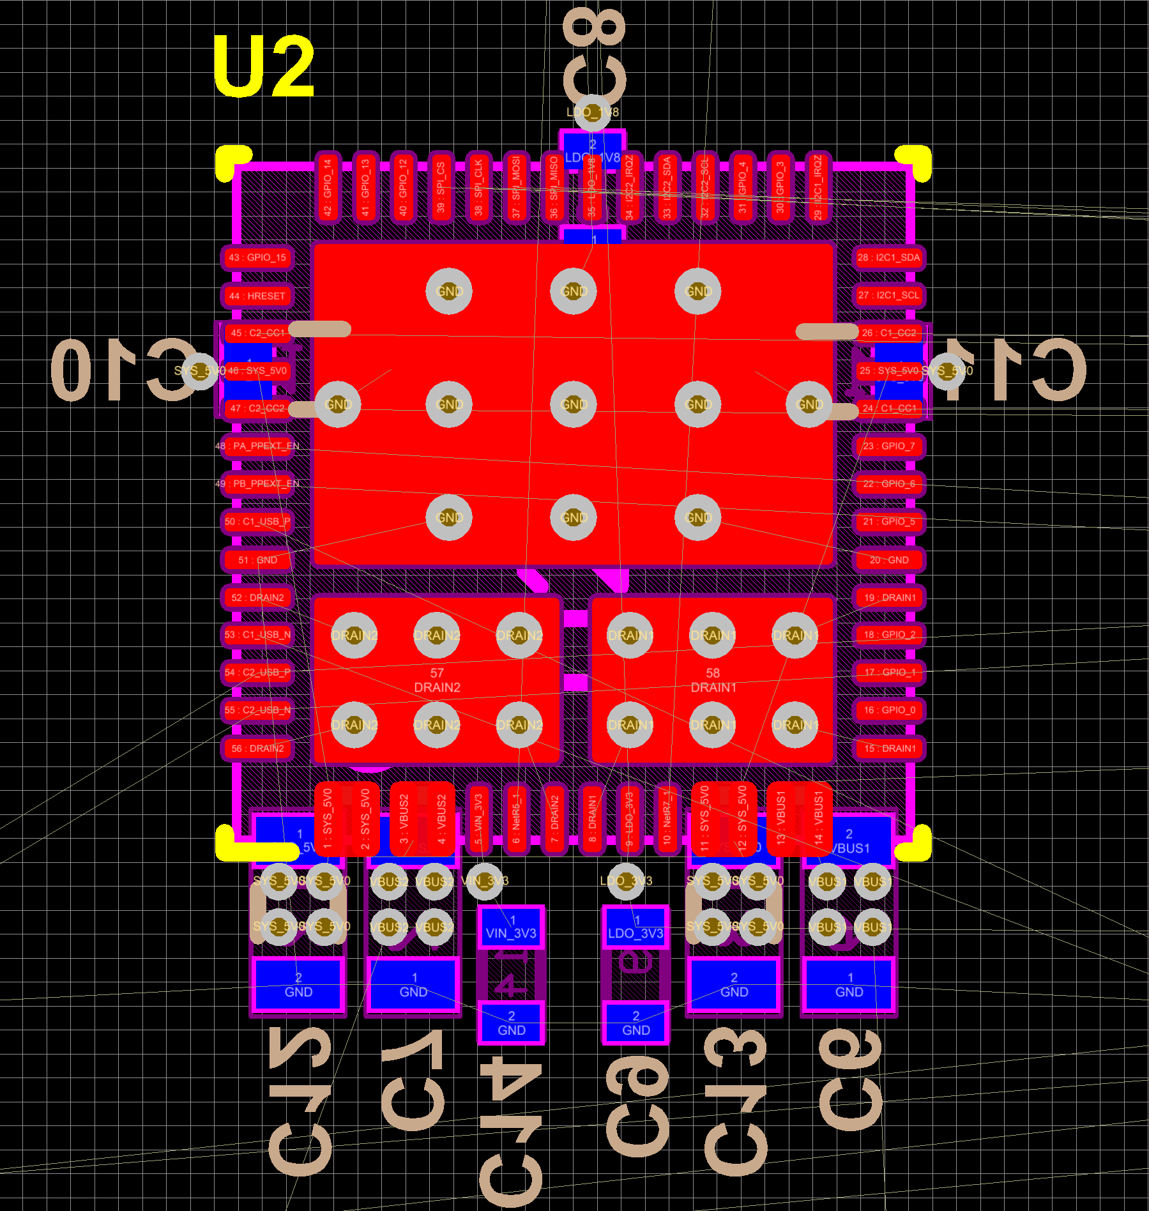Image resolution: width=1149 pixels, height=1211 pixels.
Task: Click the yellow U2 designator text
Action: click(263, 66)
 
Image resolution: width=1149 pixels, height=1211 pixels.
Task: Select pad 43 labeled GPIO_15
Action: click(257, 257)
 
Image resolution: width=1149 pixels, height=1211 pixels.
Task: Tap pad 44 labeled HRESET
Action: click(257, 296)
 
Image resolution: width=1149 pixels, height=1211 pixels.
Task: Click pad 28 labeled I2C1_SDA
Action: click(888, 257)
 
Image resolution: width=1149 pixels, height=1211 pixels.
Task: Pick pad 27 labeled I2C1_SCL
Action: click(888, 295)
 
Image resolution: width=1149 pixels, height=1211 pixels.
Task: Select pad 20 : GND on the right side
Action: click(888, 560)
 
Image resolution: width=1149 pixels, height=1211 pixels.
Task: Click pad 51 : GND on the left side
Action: click(257, 560)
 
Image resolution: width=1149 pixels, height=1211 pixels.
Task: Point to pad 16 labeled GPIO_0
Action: click(888, 710)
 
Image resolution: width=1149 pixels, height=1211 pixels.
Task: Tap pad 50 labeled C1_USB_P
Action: click(257, 521)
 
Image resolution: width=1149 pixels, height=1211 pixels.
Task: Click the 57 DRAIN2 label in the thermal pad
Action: click(437, 680)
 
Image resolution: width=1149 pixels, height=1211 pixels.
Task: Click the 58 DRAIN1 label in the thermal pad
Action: click(713, 680)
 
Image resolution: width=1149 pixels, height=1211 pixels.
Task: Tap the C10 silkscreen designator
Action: click(121, 370)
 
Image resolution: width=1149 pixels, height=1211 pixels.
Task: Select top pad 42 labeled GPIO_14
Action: click(328, 188)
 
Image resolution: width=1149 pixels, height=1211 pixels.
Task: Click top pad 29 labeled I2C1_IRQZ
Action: click(818, 188)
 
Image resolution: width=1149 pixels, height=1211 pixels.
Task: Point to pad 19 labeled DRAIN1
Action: click(888, 597)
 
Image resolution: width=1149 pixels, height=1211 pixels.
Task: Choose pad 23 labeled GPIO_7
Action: click(888, 446)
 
